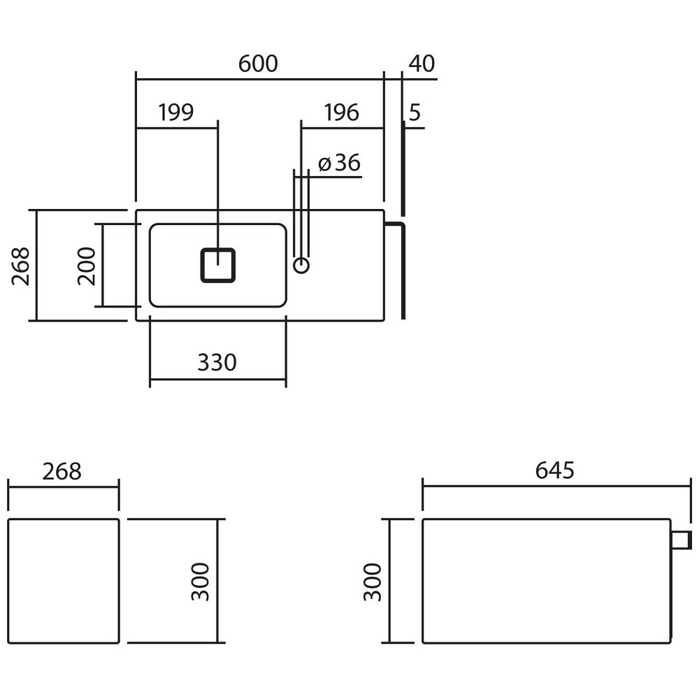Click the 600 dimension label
258,64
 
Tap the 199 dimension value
176,113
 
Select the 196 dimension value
341,113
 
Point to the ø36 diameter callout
339,163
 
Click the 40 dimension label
421,64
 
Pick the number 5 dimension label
415,113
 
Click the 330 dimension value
217,362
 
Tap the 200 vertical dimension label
87,266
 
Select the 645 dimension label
554,470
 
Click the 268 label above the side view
62,472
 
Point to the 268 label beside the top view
20,266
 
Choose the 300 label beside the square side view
200,582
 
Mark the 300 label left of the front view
373,582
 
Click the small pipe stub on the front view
682,540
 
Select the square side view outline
64,519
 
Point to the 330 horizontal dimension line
218,380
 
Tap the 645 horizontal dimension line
557,487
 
